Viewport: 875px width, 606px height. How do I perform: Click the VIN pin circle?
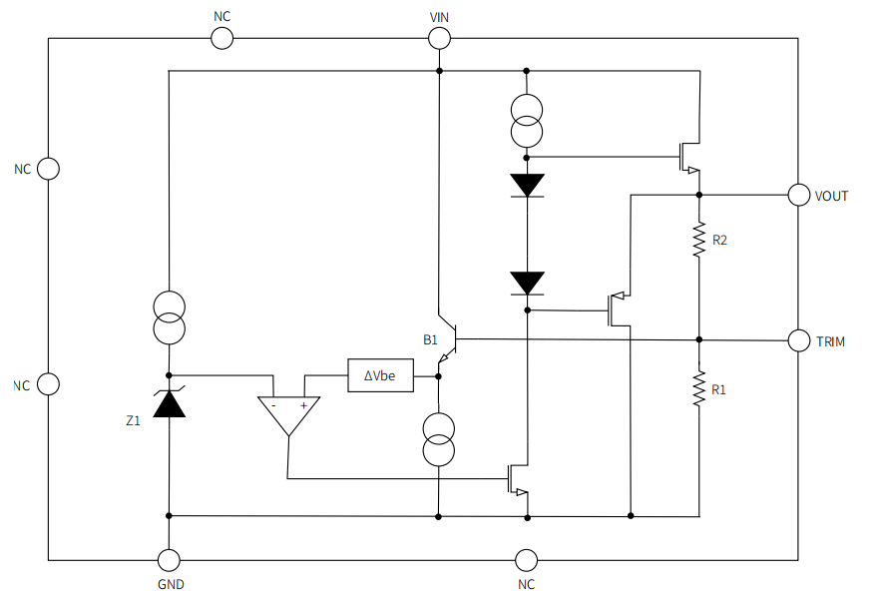click(x=439, y=38)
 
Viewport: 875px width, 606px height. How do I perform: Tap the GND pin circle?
click(x=170, y=560)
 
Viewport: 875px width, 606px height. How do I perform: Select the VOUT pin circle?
click(x=798, y=195)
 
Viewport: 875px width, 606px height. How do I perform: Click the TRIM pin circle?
click(x=798, y=340)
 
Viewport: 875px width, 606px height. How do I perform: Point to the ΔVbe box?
click(x=380, y=375)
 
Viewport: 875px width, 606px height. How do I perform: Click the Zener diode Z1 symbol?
click(x=170, y=401)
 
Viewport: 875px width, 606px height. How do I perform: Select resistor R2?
click(x=698, y=241)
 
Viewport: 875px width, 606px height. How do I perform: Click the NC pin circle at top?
click(x=221, y=38)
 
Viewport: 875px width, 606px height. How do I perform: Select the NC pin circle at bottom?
click(x=526, y=560)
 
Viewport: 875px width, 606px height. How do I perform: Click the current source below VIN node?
click(x=526, y=121)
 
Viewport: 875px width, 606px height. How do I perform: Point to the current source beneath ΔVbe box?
click(x=439, y=440)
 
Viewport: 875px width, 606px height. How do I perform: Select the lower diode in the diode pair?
click(x=526, y=283)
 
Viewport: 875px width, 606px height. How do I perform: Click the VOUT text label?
click(x=831, y=196)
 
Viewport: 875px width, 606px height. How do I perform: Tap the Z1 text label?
click(x=134, y=422)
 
